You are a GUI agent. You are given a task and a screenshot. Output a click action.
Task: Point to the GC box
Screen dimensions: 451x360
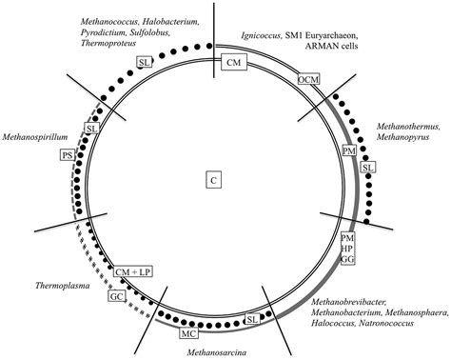pos(114,294)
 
